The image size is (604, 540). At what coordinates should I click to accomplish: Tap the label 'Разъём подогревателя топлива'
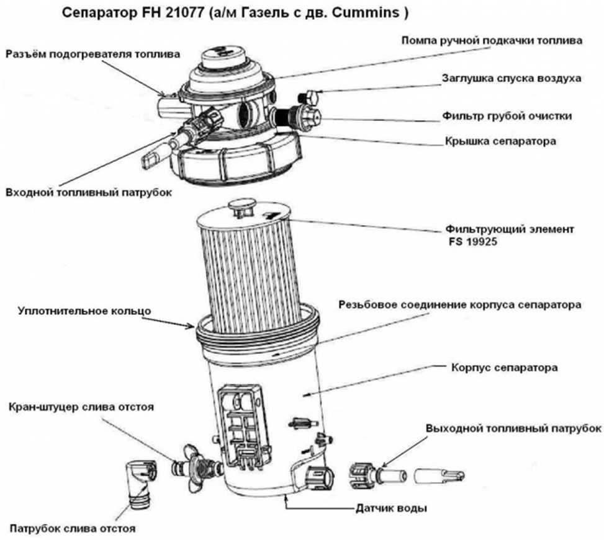(x=92, y=54)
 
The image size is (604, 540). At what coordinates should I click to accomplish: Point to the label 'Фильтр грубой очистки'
(x=507, y=115)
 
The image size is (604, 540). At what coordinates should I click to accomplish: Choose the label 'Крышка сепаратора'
(x=500, y=141)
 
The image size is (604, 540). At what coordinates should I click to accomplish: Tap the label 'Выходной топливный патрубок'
(x=513, y=428)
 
